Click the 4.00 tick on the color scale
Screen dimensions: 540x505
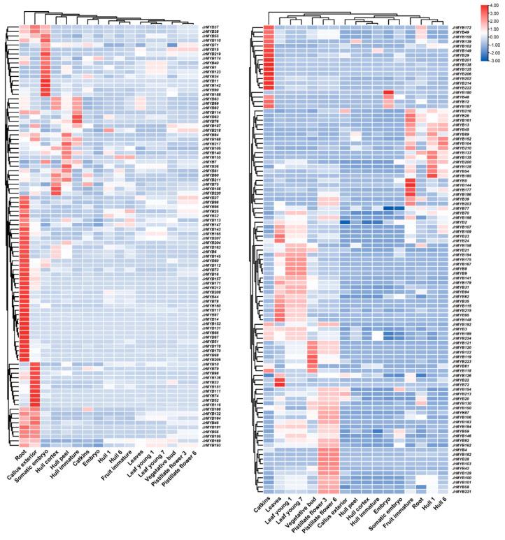click(x=495, y=6)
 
